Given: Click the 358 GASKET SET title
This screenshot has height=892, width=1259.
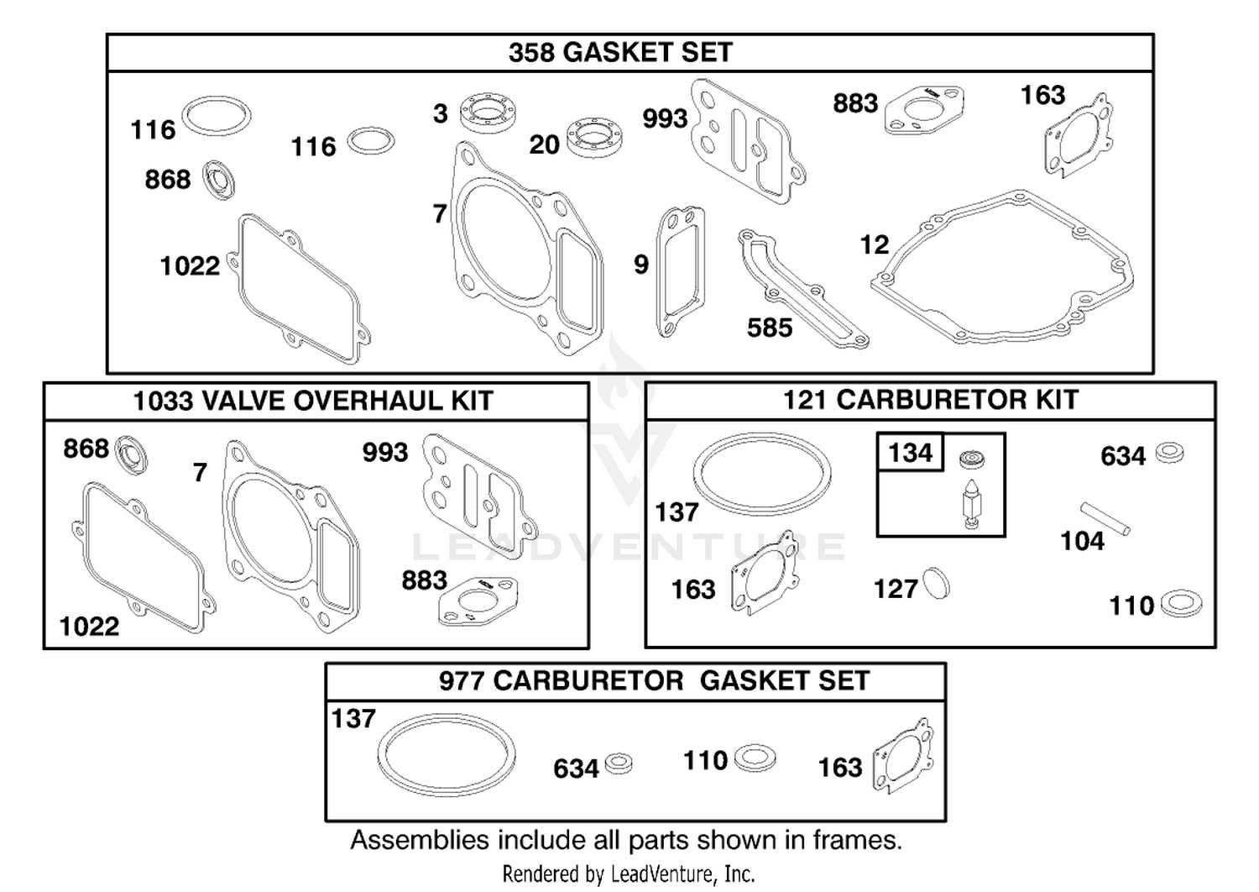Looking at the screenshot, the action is pyautogui.click(x=620, y=52).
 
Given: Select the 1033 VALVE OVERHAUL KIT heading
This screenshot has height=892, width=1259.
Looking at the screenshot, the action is pyautogui.click(x=313, y=401).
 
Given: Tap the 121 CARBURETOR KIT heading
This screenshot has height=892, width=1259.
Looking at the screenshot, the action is pyautogui.click(x=931, y=400).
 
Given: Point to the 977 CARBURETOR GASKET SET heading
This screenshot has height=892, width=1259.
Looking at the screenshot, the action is pyautogui.click(x=654, y=680).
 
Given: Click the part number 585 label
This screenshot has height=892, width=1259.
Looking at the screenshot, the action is pyautogui.click(x=770, y=328).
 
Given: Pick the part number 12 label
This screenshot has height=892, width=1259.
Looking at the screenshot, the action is pyautogui.click(x=875, y=244).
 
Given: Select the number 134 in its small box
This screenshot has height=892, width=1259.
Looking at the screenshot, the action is pyautogui.click(x=911, y=453).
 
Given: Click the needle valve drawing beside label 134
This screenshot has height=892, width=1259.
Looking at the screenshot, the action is pyautogui.click(x=972, y=505).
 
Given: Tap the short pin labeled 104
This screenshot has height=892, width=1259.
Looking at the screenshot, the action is pyautogui.click(x=1105, y=518).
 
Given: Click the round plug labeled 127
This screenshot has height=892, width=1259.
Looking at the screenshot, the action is pyautogui.click(x=937, y=583).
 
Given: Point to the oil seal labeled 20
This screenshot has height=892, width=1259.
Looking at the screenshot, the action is pyautogui.click(x=594, y=138).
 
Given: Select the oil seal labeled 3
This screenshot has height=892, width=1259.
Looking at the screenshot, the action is pyautogui.click(x=488, y=113).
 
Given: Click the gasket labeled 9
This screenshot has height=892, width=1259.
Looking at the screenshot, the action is pyautogui.click(x=681, y=272).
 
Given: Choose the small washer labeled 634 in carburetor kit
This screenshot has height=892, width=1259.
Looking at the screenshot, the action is pyautogui.click(x=1170, y=453).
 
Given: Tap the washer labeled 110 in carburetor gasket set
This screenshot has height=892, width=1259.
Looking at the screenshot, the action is pyautogui.click(x=755, y=758).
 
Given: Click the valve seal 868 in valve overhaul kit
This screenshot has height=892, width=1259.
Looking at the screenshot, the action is pyautogui.click(x=132, y=454).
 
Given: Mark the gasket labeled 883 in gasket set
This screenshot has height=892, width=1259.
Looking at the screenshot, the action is pyautogui.click(x=925, y=110).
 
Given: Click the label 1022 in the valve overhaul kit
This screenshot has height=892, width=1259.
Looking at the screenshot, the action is pyautogui.click(x=89, y=627).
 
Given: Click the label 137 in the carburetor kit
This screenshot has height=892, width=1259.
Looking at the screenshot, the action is pyautogui.click(x=677, y=512).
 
